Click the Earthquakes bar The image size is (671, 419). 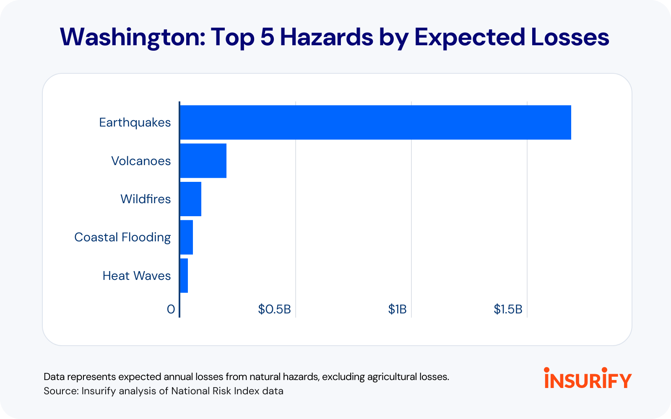[x=375, y=122]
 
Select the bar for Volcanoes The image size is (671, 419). [x=203, y=161]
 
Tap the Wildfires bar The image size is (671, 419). [x=191, y=199]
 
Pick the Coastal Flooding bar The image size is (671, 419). [x=187, y=237]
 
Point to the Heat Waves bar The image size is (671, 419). [x=184, y=276]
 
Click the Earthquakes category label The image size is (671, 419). [x=135, y=122]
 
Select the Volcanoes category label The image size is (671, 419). [x=141, y=161]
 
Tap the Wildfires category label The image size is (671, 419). [x=146, y=199]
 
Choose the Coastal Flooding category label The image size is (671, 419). [x=122, y=237]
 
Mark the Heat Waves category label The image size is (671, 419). [x=137, y=276]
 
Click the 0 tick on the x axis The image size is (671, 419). [x=171, y=309]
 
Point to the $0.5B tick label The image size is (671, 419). [x=274, y=309]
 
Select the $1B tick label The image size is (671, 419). [x=397, y=309]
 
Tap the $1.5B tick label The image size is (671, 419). [x=508, y=309]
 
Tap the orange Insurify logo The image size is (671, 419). [x=588, y=378]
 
